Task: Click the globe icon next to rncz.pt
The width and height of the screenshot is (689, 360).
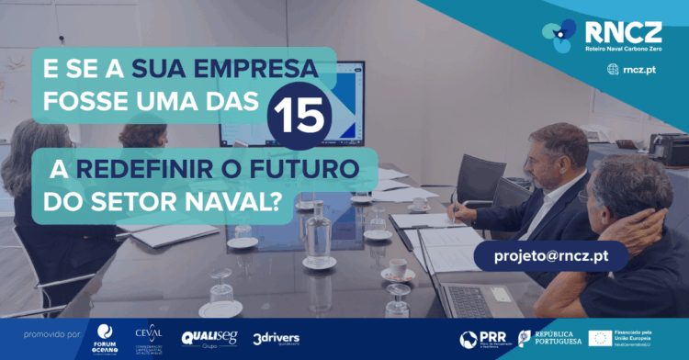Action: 613,69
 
